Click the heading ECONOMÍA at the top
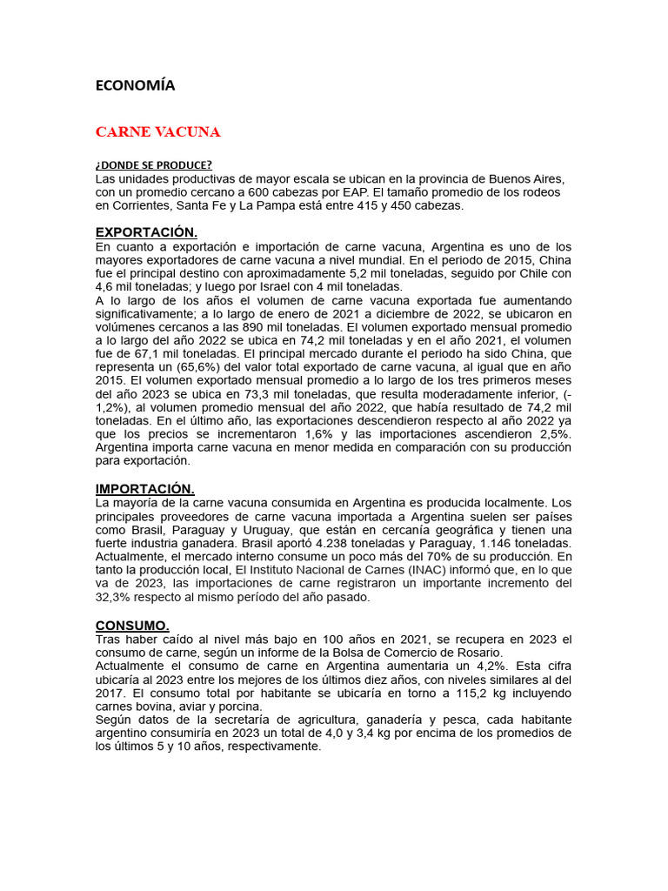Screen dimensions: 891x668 click(x=135, y=85)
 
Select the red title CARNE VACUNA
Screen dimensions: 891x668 click(x=157, y=132)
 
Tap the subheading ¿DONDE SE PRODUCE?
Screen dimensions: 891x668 click(x=153, y=165)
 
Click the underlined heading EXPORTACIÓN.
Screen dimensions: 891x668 click(x=146, y=232)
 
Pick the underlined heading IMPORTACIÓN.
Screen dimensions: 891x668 click(x=144, y=489)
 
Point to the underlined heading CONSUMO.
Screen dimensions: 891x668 click(x=132, y=626)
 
